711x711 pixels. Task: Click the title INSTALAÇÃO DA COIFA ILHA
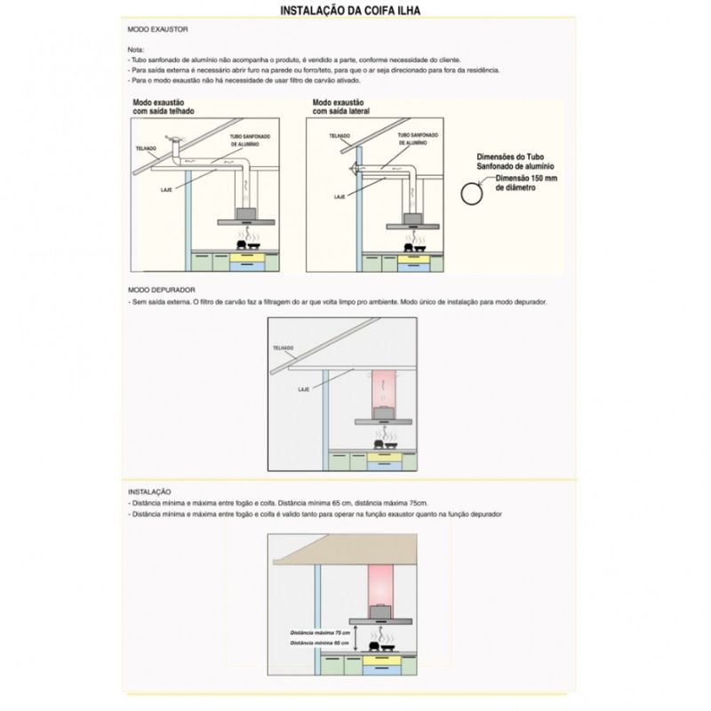[350, 12]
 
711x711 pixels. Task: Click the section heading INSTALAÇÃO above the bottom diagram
[148, 491]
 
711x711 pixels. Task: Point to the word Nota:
[135, 48]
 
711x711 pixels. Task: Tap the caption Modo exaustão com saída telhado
[164, 108]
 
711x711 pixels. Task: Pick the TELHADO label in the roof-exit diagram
[146, 147]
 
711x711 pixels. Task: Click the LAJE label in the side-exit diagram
[339, 196]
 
